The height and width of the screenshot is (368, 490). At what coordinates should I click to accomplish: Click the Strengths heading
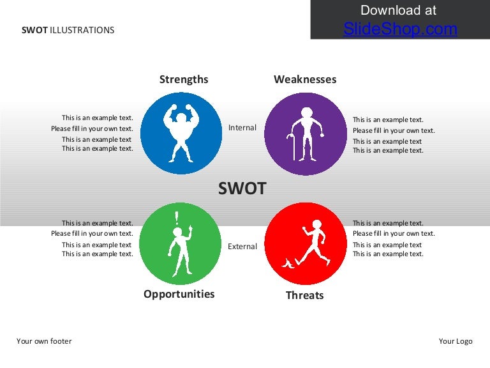(184, 79)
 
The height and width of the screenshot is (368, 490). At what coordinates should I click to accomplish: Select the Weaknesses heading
(305, 79)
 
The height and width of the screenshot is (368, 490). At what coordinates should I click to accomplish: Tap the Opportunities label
(179, 294)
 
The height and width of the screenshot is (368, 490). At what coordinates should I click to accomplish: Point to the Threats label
(304, 295)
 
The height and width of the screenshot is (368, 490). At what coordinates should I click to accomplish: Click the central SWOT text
(242, 188)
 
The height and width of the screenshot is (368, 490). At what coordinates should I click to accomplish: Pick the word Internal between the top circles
(242, 128)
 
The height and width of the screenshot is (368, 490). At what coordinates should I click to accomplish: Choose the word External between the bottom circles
(242, 247)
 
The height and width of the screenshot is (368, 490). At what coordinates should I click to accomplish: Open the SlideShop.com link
(400, 29)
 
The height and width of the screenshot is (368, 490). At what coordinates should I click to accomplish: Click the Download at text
(398, 10)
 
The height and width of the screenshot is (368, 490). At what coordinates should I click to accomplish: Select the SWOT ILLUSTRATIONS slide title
(68, 30)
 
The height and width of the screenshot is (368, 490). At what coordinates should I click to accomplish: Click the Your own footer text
(44, 341)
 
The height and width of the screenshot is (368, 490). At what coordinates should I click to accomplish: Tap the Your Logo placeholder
(456, 341)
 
